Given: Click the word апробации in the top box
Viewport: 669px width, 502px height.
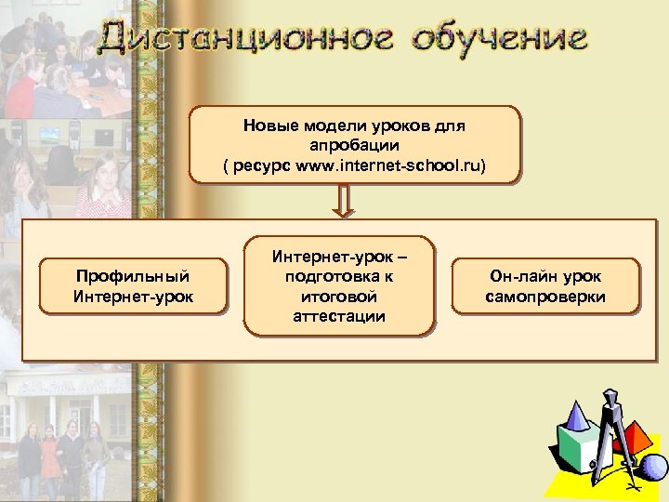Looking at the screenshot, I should tap(354, 145).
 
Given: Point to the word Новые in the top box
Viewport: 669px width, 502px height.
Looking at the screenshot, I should tap(271, 125).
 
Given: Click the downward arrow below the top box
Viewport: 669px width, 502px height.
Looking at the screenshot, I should tap(344, 202).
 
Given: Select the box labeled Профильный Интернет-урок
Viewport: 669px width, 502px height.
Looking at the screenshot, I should tap(133, 285).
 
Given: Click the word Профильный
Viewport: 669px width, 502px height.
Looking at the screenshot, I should tap(133, 276).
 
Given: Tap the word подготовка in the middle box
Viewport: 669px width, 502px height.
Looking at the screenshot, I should tap(339, 276).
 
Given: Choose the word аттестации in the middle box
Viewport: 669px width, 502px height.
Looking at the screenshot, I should tap(339, 317).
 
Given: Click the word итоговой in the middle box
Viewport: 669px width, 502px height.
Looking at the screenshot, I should tap(339, 297).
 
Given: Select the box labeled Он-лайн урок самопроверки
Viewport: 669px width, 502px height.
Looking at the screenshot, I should tap(545, 285).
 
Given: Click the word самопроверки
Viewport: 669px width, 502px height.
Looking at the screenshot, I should tap(545, 297).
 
